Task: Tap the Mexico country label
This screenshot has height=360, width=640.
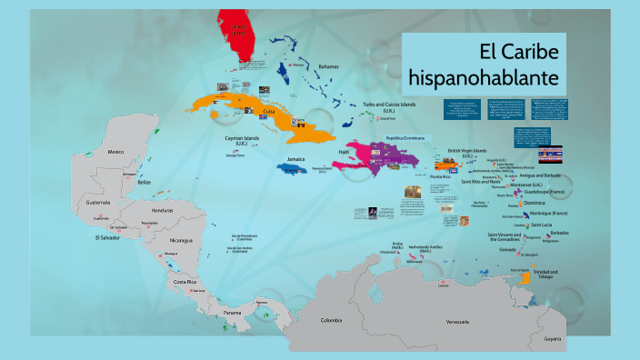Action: click(115, 153)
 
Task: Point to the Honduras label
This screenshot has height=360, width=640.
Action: click(151, 211)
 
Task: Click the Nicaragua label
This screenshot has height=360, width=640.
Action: click(180, 240)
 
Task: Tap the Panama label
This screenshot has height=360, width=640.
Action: click(233, 313)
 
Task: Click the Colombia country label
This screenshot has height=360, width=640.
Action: click(331, 320)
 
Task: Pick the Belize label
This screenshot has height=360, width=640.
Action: click(144, 182)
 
